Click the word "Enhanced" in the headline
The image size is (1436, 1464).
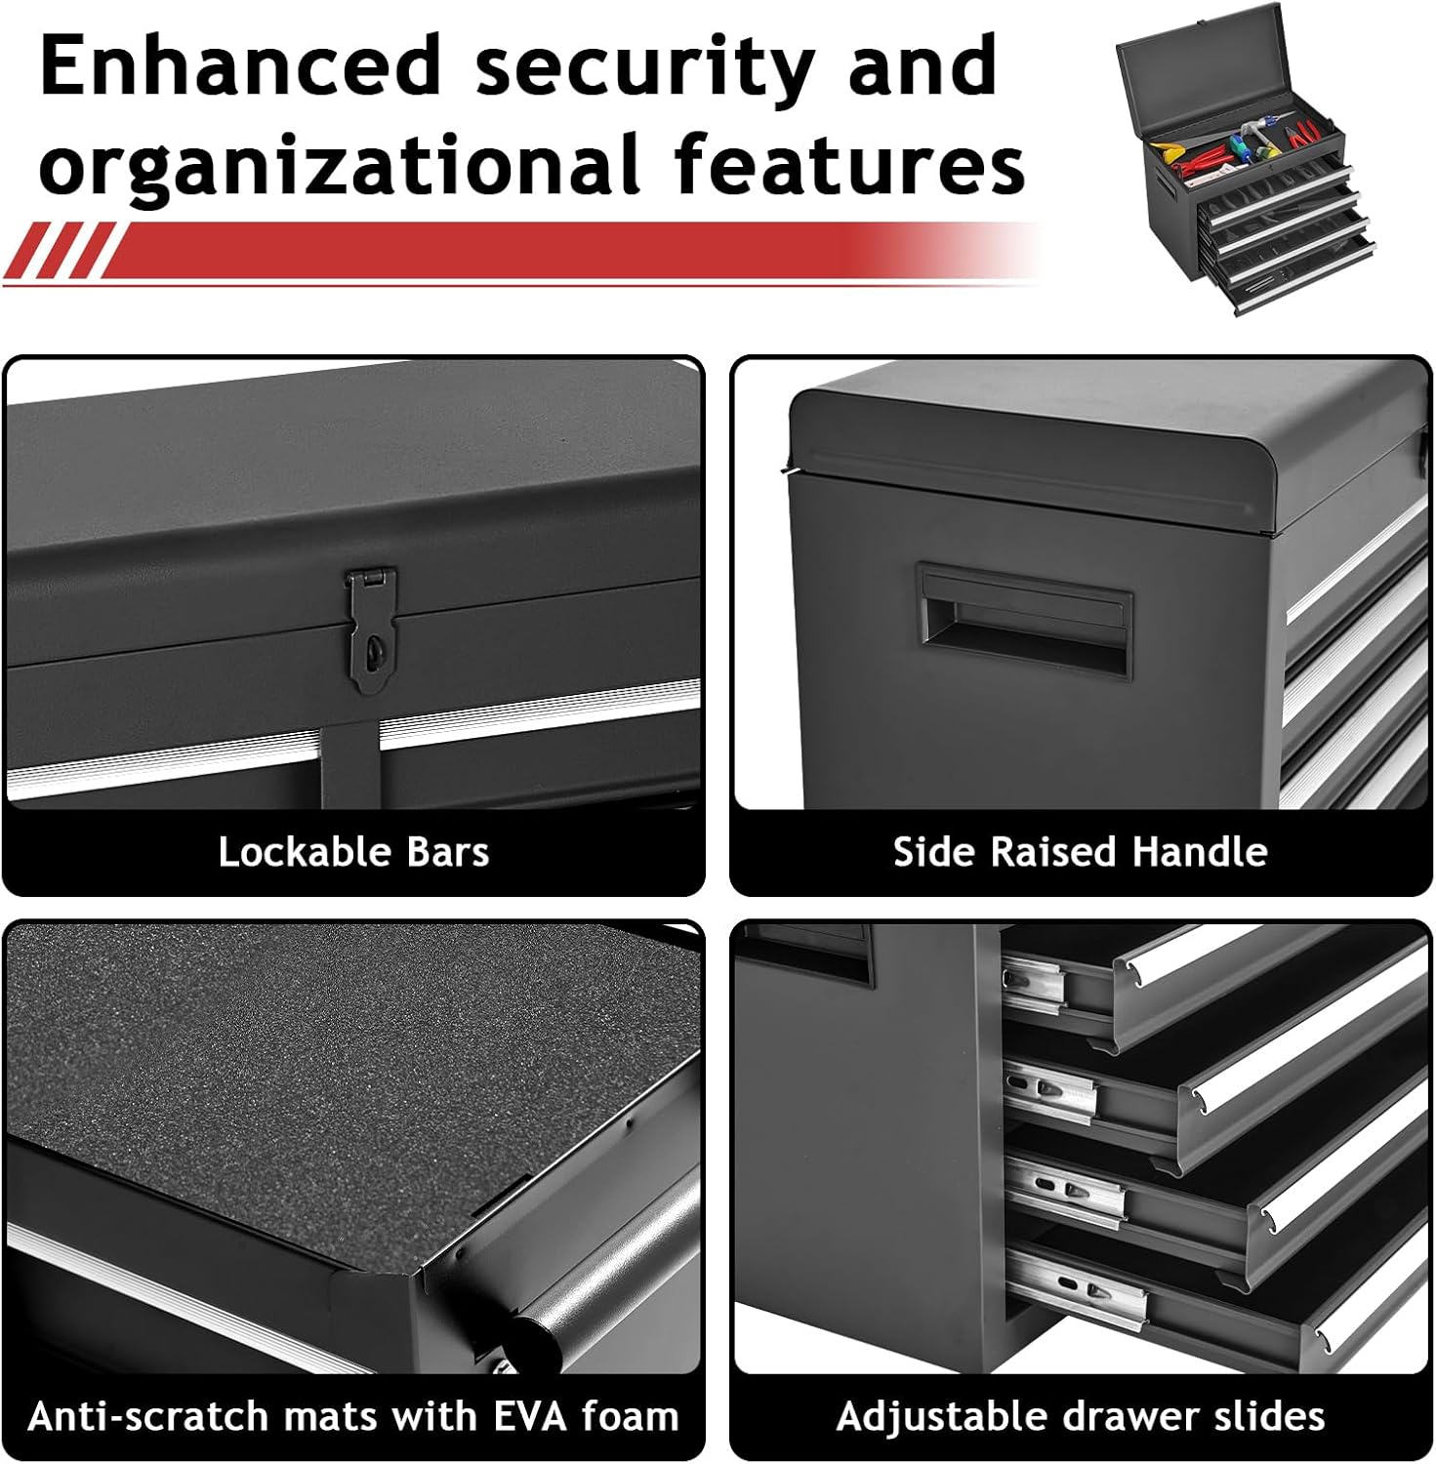coord(241,65)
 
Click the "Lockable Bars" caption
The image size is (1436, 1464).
coord(353,852)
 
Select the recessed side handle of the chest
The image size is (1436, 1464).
coord(1024,621)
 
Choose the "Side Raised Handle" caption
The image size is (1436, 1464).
coord(1081,852)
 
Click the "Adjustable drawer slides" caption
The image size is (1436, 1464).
coord(1081,1416)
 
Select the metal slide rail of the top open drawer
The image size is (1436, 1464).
coord(1034,987)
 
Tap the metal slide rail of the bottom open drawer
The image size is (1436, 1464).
coord(1075,1287)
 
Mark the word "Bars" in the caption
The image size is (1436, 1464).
coord(448,852)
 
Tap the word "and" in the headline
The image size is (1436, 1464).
coord(923,65)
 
